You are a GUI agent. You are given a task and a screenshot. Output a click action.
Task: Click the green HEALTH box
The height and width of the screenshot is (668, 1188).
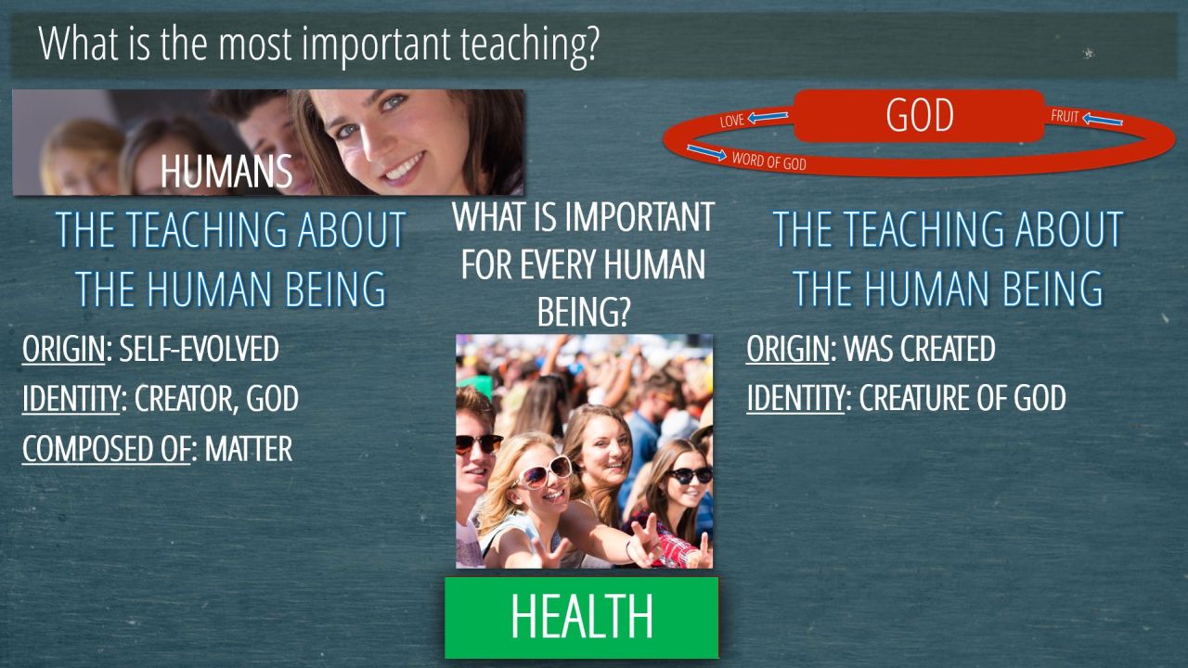[581, 618]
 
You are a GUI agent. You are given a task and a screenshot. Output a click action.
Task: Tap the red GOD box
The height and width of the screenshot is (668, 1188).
[919, 116]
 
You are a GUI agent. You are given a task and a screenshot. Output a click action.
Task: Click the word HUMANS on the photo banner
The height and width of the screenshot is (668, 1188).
[226, 172]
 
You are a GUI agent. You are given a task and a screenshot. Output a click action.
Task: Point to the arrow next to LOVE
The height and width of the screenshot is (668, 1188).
[768, 117]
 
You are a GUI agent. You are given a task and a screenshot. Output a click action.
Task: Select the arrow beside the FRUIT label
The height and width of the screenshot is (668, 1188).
[1102, 120]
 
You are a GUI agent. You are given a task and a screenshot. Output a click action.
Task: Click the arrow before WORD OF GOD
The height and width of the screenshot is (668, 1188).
[706, 152]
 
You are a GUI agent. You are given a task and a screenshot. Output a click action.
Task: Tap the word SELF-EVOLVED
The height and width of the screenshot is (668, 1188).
[199, 349]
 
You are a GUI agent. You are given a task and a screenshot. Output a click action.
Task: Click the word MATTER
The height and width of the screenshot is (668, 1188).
[248, 449]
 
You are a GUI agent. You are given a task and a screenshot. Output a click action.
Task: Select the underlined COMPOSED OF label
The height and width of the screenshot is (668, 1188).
[106, 450]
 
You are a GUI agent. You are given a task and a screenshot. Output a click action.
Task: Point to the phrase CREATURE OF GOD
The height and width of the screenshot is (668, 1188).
[962, 398]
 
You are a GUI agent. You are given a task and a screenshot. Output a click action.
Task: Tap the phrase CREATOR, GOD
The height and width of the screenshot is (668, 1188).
[216, 399]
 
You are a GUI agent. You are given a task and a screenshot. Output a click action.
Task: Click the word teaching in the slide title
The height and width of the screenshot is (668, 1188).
[529, 45]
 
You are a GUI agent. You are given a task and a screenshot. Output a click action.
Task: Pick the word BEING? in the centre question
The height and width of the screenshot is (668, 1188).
[583, 313]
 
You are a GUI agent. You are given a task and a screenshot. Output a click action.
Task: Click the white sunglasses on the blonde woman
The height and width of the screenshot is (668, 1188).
[545, 472]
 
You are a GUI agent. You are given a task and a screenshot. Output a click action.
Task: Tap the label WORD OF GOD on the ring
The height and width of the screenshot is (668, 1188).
[769, 161]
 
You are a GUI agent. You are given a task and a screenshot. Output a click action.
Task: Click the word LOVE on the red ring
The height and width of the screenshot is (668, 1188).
[732, 121]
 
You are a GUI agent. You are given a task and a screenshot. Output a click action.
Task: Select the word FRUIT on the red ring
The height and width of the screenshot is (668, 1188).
[1065, 116]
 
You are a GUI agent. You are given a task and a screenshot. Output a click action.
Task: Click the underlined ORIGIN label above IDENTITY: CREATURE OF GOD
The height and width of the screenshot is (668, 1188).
[787, 350]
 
